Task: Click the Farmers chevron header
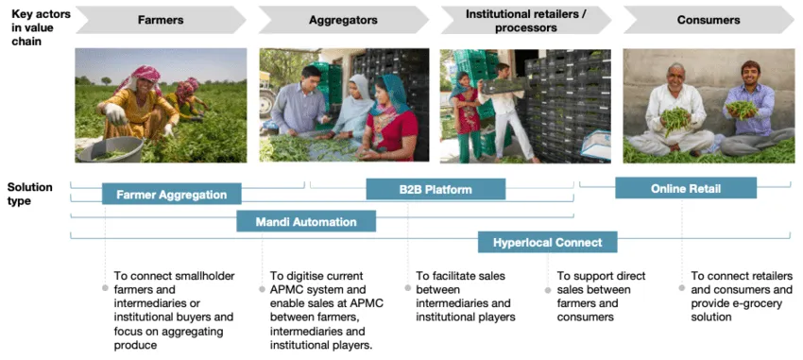[x=161, y=20]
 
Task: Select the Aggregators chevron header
[x=343, y=20]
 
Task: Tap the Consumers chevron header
[x=709, y=20]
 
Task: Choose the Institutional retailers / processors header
[x=526, y=21]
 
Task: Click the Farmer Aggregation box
[x=172, y=194]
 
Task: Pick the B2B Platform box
[x=436, y=189]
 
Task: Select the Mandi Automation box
[x=306, y=221]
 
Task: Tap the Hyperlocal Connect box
[x=547, y=242]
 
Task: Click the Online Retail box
[x=686, y=188]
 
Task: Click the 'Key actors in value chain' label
[x=39, y=27]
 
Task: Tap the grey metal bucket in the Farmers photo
[x=111, y=149]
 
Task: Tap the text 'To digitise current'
[x=316, y=276]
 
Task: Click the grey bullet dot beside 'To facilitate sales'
[x=408, y=288]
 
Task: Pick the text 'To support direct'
[x=601, y=276]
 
